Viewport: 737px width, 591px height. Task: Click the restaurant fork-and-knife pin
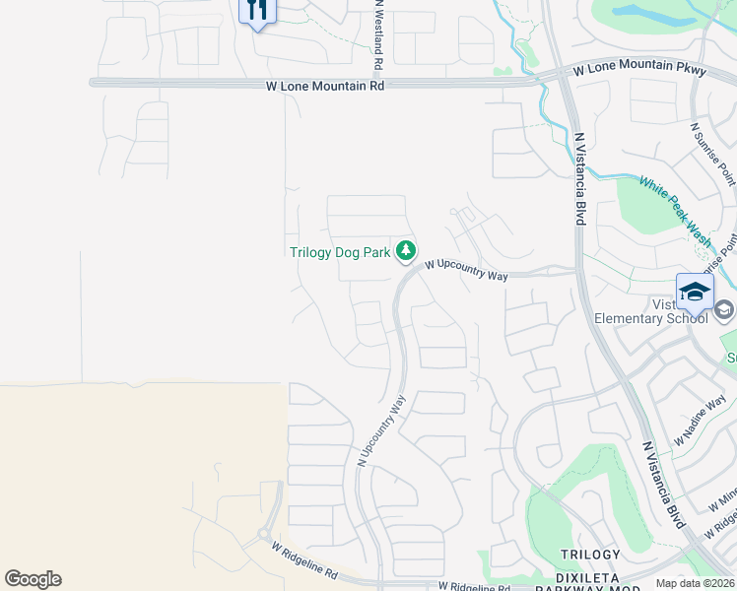point(257,11)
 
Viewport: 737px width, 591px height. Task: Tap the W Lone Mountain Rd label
point(324,86)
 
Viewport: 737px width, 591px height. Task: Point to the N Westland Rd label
point(378,34)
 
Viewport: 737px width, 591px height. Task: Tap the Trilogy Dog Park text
point(340,252)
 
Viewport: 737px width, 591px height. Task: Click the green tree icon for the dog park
point(405,252)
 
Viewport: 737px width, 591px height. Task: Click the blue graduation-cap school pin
point(695,292)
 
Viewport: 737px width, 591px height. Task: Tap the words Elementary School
point(650,318)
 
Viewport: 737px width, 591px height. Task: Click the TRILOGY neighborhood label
point(590,556)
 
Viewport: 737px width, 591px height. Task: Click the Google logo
point(33,579)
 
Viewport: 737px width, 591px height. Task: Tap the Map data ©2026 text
point(695,583)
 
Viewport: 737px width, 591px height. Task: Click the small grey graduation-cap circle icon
point(724,310)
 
